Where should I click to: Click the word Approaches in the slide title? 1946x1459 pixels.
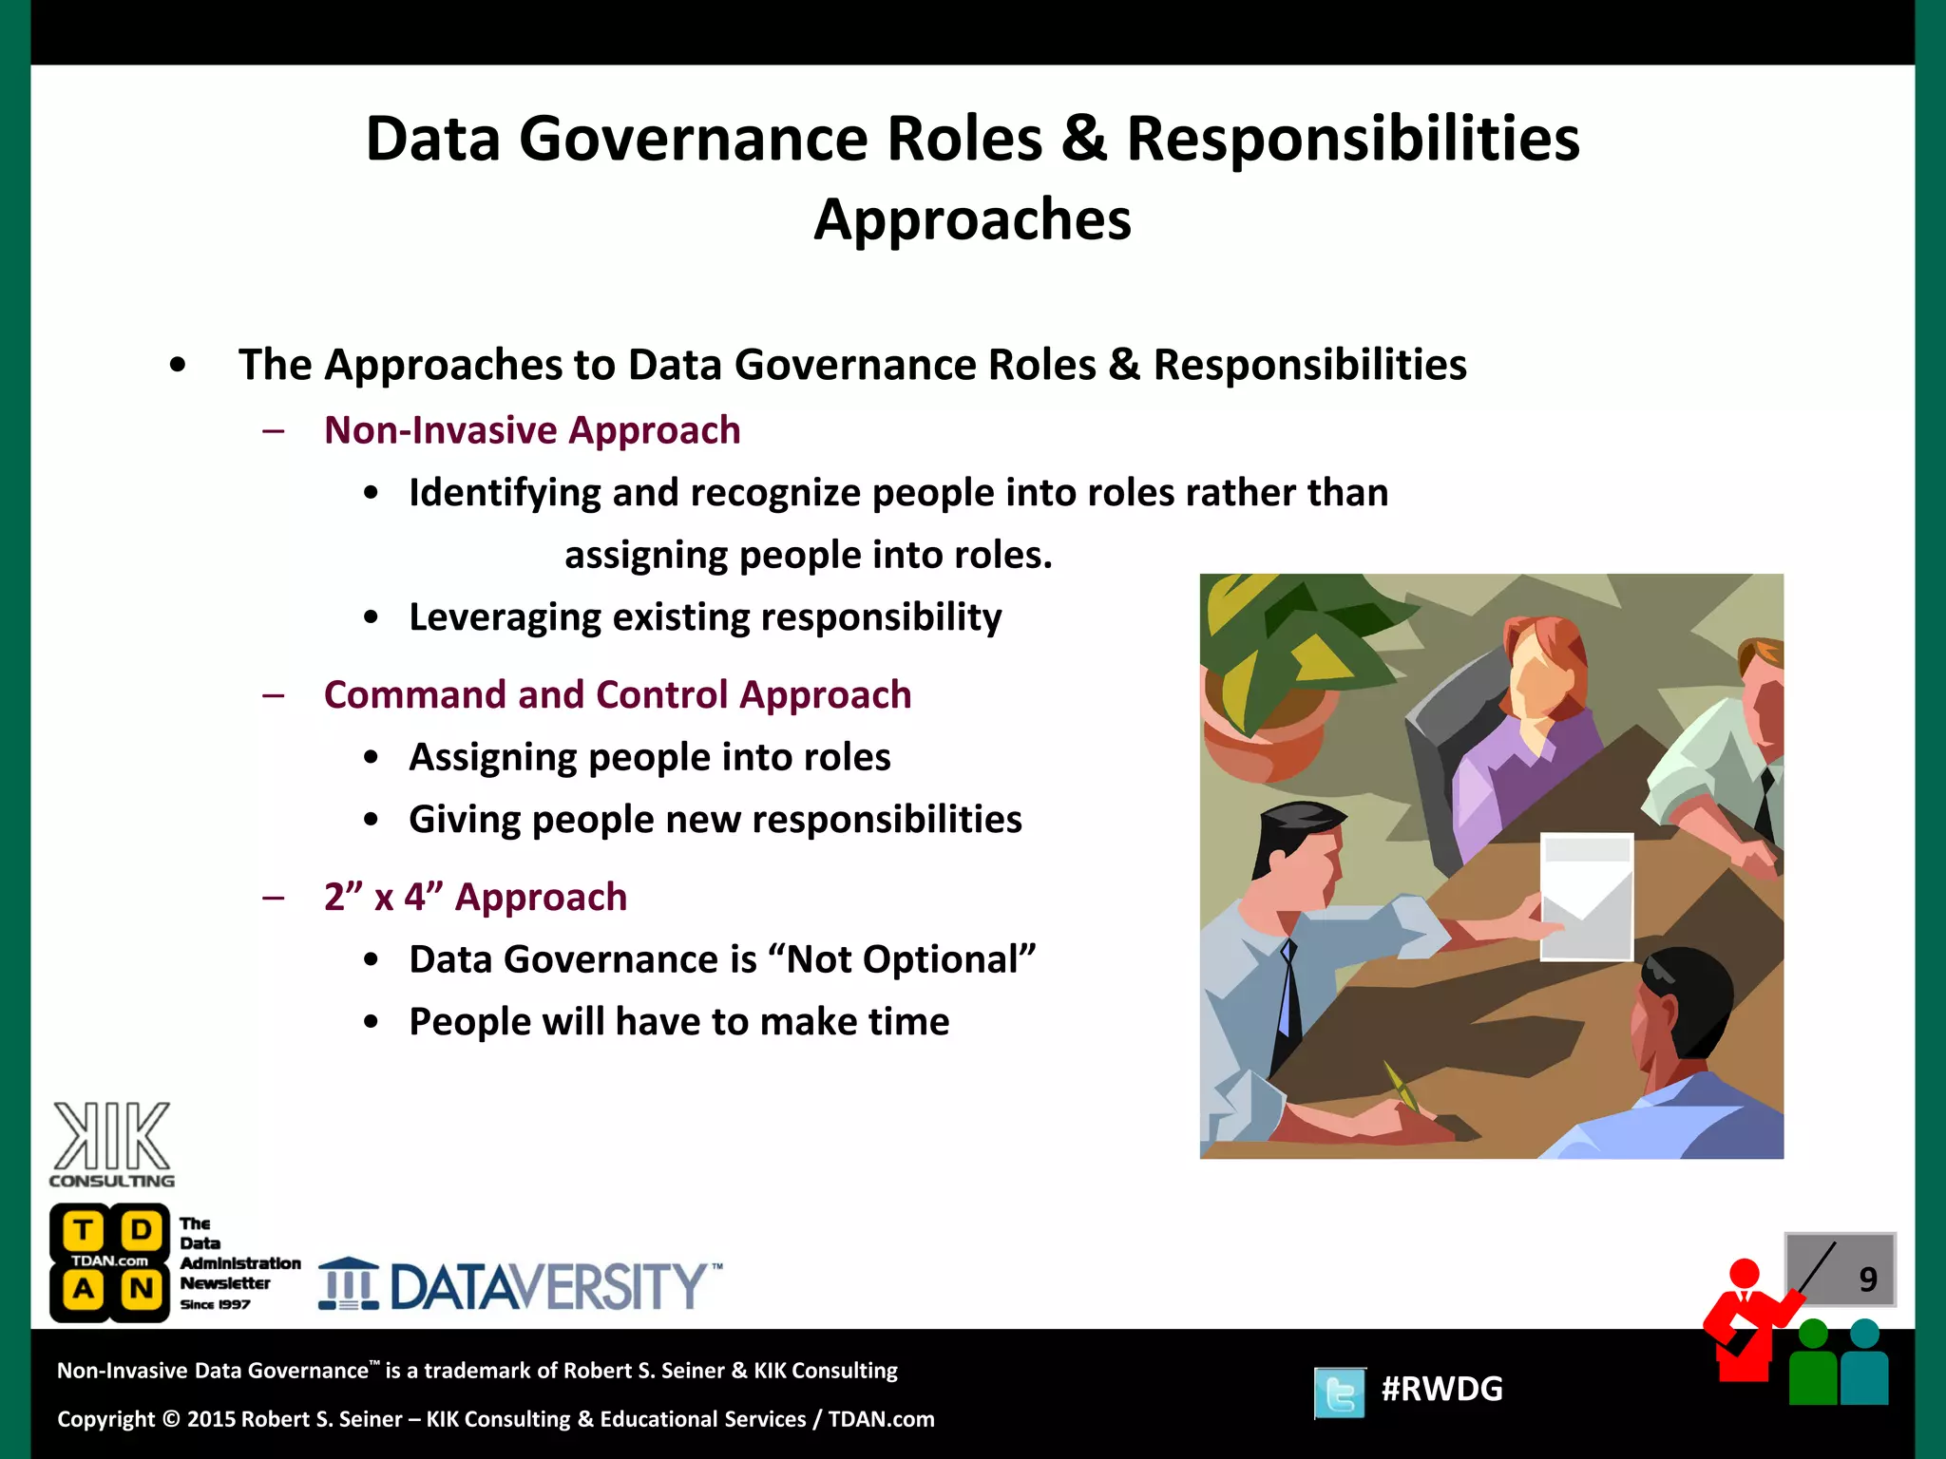tap(972, 220)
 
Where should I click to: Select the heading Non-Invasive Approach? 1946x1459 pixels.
tap(532, 430)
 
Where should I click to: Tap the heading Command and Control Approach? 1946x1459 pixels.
tap(618, 694)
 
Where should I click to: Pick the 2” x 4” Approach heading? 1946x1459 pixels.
tap(475, 897)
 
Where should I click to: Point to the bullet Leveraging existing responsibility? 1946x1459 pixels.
tap(705, 617)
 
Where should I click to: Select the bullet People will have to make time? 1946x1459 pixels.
tap(678, 1022)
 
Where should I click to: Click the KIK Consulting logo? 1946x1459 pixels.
tap(111, 1144)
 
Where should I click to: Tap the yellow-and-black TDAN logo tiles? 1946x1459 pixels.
tap(109, 1261)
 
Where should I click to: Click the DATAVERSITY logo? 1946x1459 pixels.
tap(521, 1285)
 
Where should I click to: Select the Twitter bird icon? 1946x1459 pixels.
tap(1340, 1393)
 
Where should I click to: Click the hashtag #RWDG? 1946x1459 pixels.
tap(1441, 1389)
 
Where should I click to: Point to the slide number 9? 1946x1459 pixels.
tap(1867, 1279)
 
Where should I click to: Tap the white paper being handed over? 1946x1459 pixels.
tap(1586, 896)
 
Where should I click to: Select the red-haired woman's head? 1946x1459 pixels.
tap(1544, 665)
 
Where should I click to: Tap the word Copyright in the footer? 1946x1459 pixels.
tap(105, 1419)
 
